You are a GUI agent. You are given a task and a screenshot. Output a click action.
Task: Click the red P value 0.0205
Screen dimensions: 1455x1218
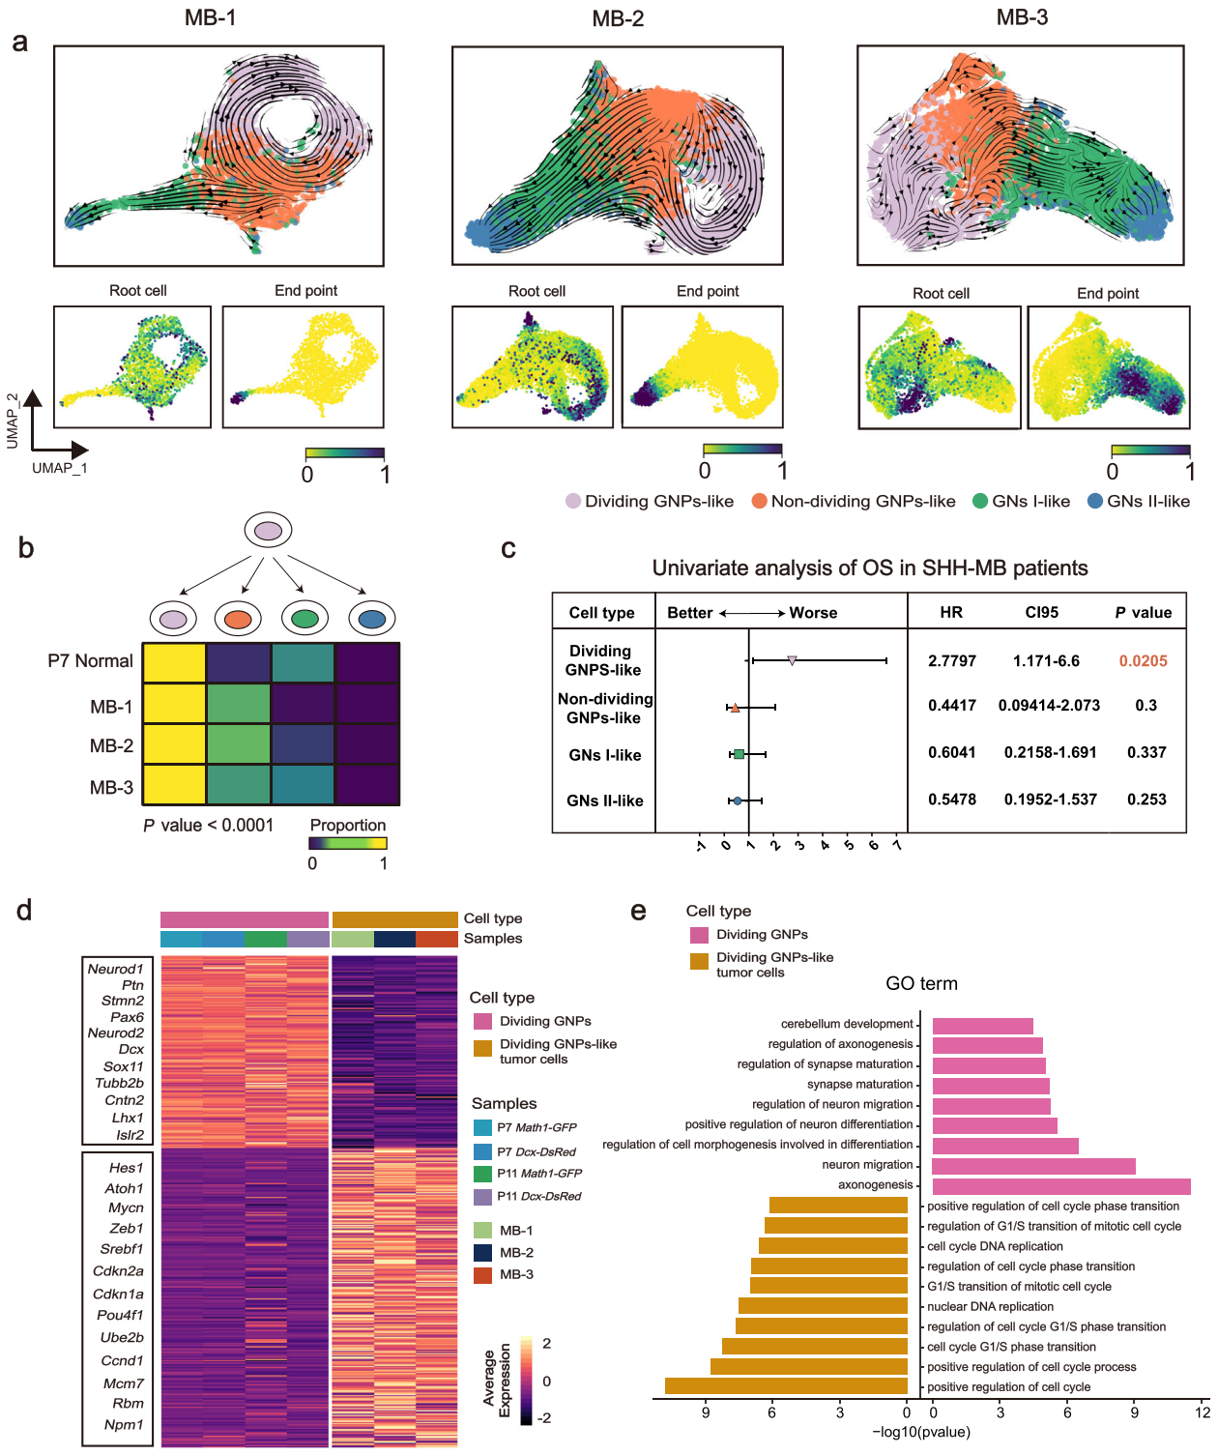[1143, 661]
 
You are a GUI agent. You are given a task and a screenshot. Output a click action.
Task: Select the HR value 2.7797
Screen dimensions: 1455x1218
[951, 661]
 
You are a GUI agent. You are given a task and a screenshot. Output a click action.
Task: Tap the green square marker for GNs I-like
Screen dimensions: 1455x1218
[739, 754]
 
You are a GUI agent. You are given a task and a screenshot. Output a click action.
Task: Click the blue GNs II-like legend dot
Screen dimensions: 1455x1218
[1095, 501]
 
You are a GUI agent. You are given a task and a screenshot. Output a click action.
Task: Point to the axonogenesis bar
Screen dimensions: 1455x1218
[1060, 1186]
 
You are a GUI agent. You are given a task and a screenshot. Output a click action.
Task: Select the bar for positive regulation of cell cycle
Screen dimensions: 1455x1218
[786, 1386]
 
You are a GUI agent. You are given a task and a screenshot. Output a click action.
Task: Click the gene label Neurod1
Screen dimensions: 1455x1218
[115, 969]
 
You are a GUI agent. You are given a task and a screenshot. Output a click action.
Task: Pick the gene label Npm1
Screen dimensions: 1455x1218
[124, 1424]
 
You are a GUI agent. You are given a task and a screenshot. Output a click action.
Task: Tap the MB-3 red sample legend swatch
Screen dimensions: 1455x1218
[482, 1275]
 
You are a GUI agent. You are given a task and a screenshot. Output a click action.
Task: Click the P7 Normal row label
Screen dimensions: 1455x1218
[90, 661]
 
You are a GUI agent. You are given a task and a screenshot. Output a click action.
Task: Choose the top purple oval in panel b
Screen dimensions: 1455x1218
[268, 530]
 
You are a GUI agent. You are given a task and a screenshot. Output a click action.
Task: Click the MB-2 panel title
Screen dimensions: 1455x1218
[618, 19]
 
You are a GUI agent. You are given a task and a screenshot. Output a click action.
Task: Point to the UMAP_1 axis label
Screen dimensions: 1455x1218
[59, 468]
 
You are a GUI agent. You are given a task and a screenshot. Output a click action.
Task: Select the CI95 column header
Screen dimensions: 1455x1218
[1041, 612]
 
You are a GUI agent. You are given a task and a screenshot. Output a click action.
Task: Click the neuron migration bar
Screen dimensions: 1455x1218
[1033, 1166]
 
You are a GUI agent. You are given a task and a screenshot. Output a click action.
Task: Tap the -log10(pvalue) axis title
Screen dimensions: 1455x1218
[920, 1432]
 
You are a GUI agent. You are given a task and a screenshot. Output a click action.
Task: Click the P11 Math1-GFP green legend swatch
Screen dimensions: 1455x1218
[482, 1174]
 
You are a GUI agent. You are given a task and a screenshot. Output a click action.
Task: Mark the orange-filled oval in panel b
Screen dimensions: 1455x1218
[238, 619]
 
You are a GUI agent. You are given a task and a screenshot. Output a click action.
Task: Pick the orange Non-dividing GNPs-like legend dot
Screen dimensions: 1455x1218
[759, 501]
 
